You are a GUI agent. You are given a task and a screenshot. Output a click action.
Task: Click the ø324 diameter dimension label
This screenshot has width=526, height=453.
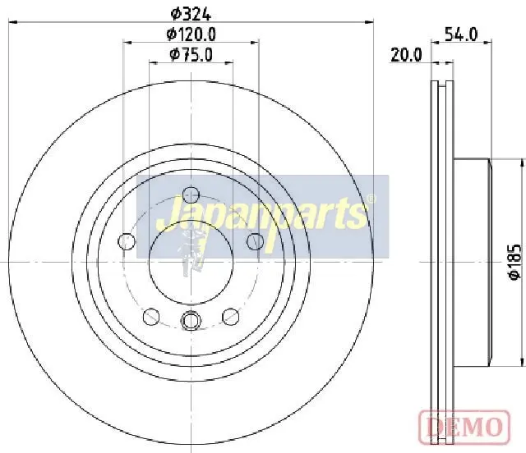point(191,14)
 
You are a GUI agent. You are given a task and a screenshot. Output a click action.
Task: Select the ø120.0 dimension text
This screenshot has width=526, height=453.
point(191,34)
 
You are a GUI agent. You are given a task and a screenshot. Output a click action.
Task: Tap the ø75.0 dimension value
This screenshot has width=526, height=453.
point(191,55)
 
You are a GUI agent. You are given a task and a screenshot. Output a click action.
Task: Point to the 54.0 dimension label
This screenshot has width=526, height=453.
point(461,34)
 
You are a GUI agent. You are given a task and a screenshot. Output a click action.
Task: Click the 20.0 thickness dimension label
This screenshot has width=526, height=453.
point(406,55)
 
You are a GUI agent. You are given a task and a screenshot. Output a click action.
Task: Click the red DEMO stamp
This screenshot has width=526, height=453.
point(464,427)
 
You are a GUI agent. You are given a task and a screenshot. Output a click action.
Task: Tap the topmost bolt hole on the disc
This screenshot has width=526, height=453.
point(191,194)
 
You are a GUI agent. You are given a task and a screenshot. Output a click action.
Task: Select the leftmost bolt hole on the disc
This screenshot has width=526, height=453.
point(127,241)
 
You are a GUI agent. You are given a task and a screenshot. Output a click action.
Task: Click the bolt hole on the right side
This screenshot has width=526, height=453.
point(256,241)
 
